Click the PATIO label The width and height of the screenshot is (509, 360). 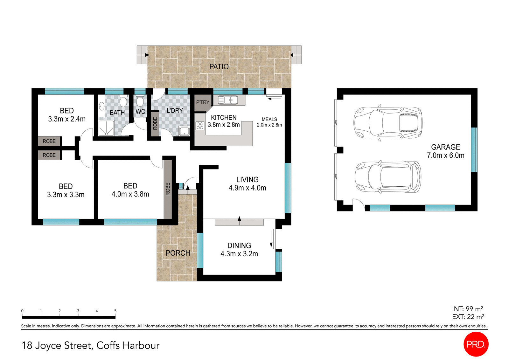[219, 67]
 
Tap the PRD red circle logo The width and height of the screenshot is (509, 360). [476, 344]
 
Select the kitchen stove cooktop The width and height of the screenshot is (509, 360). [200, 126]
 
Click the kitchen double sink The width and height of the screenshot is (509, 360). [228, 100]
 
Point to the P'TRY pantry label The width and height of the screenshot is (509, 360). [203, 102]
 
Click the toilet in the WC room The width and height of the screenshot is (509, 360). [140, 101]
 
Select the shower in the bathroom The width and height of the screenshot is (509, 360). [106, 128]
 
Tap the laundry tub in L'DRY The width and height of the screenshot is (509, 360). [185, 131]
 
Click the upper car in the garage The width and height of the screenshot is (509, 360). [388, 122]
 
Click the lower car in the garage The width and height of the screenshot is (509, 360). [388, 177]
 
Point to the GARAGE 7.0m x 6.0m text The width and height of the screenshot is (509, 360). [445, 151]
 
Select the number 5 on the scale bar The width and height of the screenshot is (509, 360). [115, 311]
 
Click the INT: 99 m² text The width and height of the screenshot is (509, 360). [467, 309]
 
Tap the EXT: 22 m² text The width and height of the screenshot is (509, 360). [468, 317]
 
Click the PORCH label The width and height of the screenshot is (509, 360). [178, 253]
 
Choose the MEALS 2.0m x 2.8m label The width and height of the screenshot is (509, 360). [269, 122]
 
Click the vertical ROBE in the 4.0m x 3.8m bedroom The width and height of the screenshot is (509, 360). [168, 189]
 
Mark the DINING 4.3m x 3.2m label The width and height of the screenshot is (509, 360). [239, 250]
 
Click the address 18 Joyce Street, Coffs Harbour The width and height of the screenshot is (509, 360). [90, 345]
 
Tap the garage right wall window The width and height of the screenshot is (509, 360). [474, 149]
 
